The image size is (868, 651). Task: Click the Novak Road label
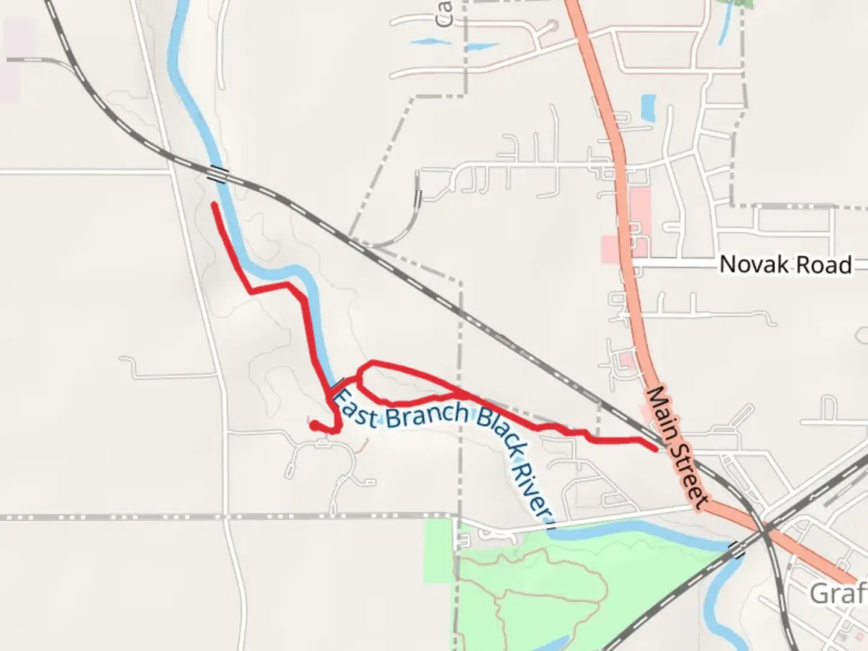(x=785, y=265)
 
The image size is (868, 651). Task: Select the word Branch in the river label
(x=426, y=415)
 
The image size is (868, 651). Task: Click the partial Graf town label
(x=838, y=594)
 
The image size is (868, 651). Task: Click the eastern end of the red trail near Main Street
(x=655, y=449)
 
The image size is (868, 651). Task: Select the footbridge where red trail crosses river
(x=337, y=384)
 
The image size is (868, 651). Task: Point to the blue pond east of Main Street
(x=648, y=107)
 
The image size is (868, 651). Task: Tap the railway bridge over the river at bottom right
(x=737, y=549)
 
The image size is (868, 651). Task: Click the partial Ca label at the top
(x=444, y=13)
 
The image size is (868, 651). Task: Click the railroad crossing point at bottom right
(x=765, y=530)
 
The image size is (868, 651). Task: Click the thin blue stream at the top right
(x=723, y=27)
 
